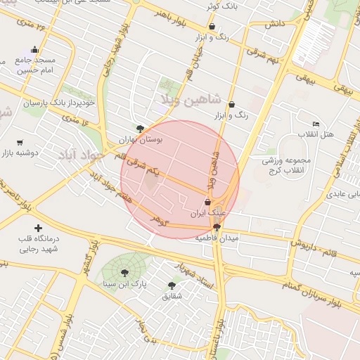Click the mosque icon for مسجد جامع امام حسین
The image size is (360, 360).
[34, 50]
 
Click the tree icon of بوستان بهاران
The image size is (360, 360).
[141, 128]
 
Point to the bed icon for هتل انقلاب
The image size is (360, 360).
[316, 124]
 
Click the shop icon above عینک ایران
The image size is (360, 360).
[207, 202]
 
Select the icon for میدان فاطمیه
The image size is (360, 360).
[217, 227]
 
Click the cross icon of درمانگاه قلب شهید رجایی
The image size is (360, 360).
[38, 228]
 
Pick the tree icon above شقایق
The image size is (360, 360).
[172, 285]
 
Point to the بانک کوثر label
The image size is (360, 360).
[219, 6]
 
